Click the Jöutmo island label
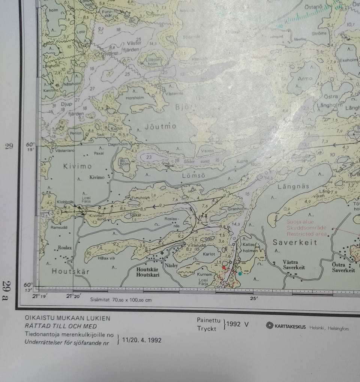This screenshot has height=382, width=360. click(x=160, y=127)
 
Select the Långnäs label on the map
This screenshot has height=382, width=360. click(x=293, y=186)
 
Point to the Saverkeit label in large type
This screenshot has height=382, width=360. click(x=295, y=242)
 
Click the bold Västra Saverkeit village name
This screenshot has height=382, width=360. click(x=294, y=265)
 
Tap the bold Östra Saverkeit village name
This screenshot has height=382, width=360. click(x=343, y=267)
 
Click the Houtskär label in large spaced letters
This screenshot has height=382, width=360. click(x=70, y=271)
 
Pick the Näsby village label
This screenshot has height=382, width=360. click(x=171, y=265)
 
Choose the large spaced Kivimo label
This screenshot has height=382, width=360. click(x=77, y=166)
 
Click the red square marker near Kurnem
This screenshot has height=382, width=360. click(x=224, y=267)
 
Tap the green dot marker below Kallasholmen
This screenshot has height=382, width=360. click(x=240, y=274)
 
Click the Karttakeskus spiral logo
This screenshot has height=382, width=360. click(x=269, y=325)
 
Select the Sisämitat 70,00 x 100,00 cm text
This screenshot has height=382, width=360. click(x=121, y=300)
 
